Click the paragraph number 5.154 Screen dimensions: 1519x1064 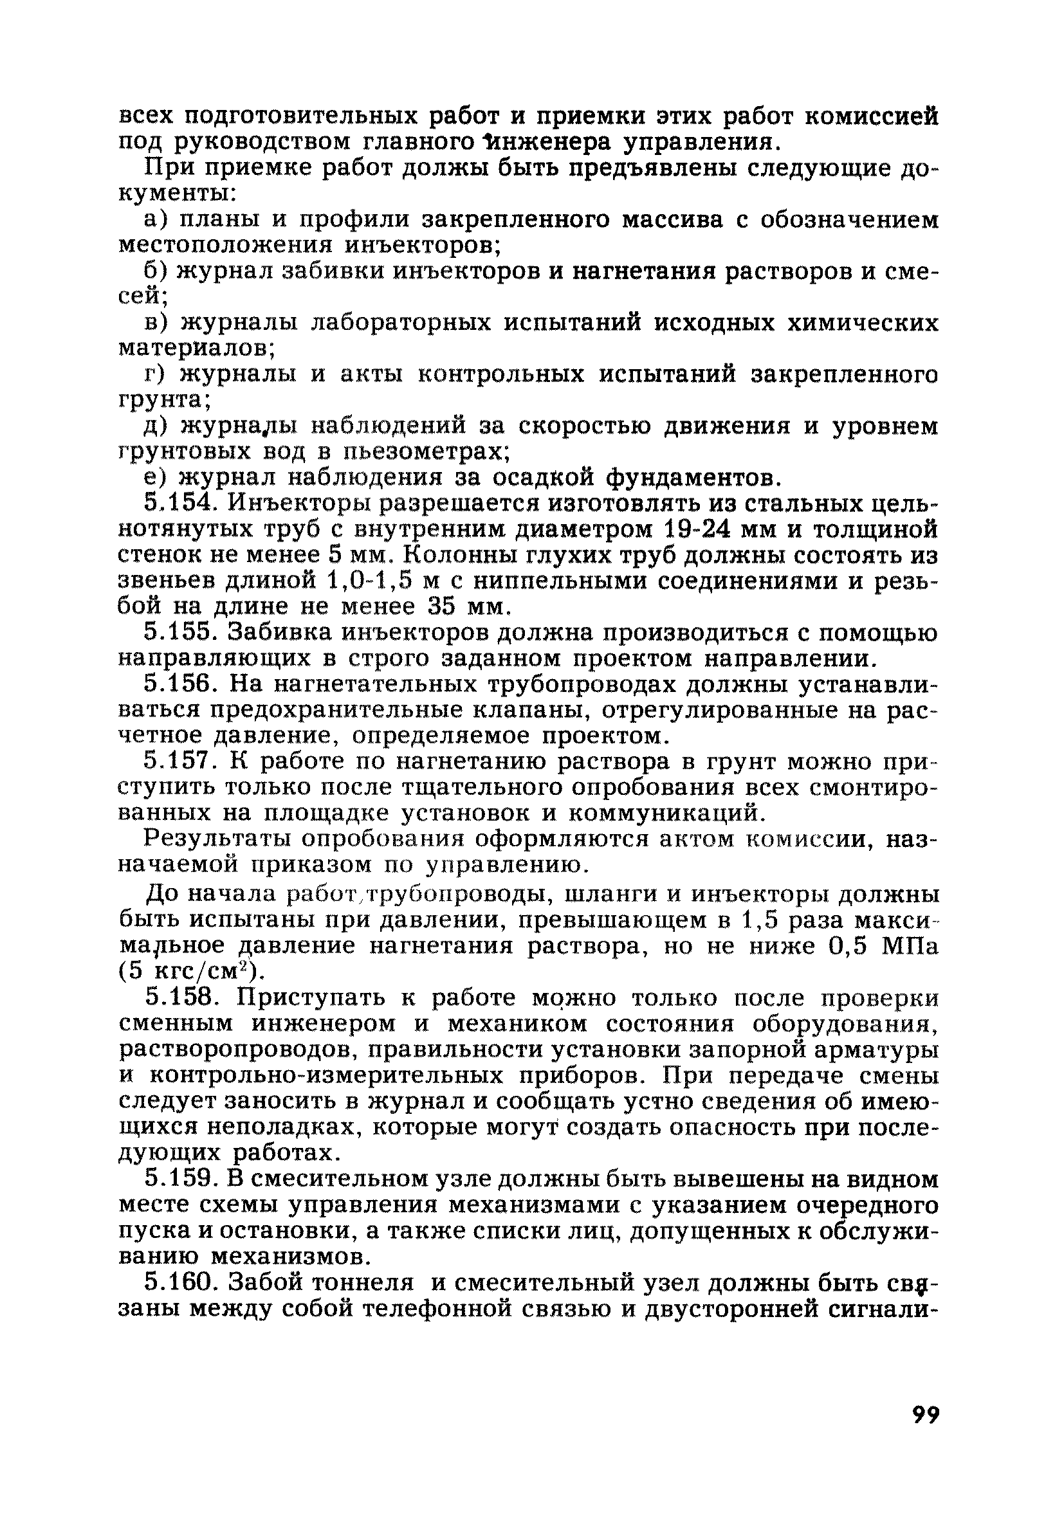coord(179,504)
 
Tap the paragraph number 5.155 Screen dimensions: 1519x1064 coord(179,633)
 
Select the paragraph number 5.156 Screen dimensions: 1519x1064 coord(179,685)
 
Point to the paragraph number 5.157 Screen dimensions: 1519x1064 coord(179,762)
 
